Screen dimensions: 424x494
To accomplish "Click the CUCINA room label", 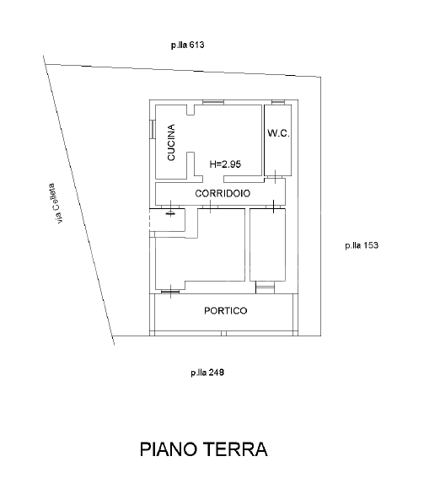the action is [x=171, y=142].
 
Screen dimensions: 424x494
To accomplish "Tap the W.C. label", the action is [x=278, y=133].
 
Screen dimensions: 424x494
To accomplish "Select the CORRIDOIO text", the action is [x=223, y=193].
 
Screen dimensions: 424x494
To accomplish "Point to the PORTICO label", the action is [x=226, y=310].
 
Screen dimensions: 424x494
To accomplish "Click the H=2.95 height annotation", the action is [x=225, y=164].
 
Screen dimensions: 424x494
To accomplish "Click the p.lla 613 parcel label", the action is [x=187, y=45].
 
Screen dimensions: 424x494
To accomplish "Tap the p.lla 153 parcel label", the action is [x=362, y=245].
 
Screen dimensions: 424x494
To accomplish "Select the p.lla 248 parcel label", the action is [x=207, y=373].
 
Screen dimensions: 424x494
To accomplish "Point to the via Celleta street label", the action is [x=56, y=203].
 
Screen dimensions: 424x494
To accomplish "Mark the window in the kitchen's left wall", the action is [x=152, y=128].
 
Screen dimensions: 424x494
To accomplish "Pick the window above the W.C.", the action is [x=278, y=102].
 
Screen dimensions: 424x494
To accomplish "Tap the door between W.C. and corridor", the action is [x=275, y=177].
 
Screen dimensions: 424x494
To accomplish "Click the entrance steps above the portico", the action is [x=265, y=287].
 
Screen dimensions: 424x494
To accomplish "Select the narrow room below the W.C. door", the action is [x=267, y=244].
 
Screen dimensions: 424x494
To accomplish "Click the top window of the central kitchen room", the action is [x=213, y=102].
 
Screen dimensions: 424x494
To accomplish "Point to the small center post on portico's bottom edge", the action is [x=223, y=333].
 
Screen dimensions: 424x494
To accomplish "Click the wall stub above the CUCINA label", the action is [x=191, y=110].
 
